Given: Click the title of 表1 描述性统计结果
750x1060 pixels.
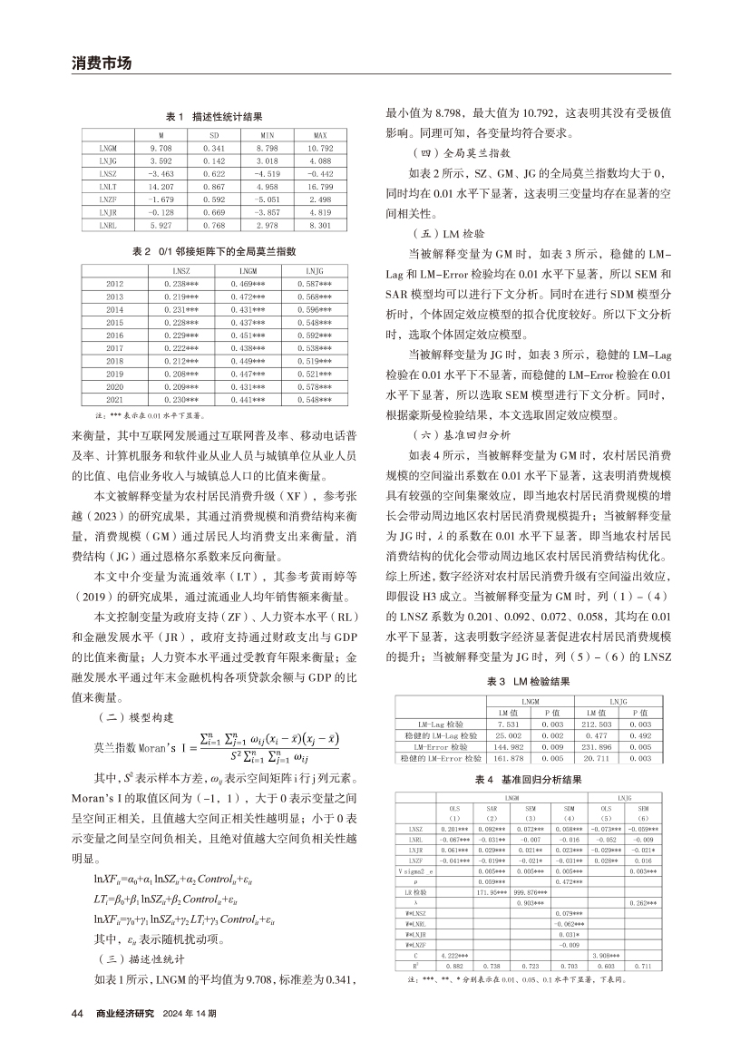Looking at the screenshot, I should [213, 117].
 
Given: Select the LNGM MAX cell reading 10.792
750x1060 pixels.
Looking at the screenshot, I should [319, 147].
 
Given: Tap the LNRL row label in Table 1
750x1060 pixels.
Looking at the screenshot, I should [108, 222].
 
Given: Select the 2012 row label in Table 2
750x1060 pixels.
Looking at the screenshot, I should [113, 284].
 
